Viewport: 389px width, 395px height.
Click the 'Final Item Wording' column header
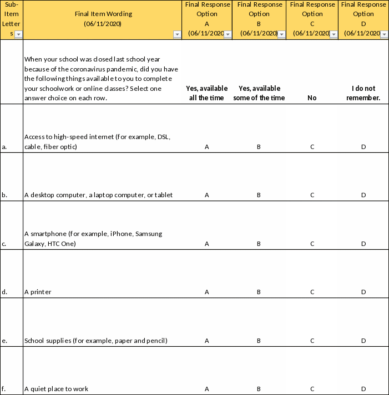pyautogui.click(x=102, y=19)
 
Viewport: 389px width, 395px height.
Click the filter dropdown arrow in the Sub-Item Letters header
pyautogui.click(x=18, y=34)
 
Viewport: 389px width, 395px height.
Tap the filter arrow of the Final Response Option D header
pyautogui.click(x=385, y=34)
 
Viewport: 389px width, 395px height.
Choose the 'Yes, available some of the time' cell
pyautogui.click(x=259, y=93)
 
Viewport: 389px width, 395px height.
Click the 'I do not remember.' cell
pyautogui.click(x=363, y=93)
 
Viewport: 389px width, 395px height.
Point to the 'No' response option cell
pyautogui.click(x=312, y=98)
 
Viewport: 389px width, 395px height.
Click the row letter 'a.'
pyautogui.click(x=4, y=147)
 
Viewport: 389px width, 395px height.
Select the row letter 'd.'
pyautogui.click(x=4, y=292)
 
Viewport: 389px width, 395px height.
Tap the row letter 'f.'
pyautogui.click(x=4, y=389)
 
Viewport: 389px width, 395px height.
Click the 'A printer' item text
pyautogui.click(x=38, y=292)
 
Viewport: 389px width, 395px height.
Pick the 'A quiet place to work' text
pyautogui.click(x=56, y=389)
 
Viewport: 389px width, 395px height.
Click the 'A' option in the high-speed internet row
pyautogui.click(x=206, y=147)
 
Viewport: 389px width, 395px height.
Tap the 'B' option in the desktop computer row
pyautogui.click(x=259, y=195)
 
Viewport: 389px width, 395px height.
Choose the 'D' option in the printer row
pyautogui.click(x=363, y=292)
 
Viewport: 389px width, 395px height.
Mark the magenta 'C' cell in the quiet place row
pyautogui.click(x=312, y=389)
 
